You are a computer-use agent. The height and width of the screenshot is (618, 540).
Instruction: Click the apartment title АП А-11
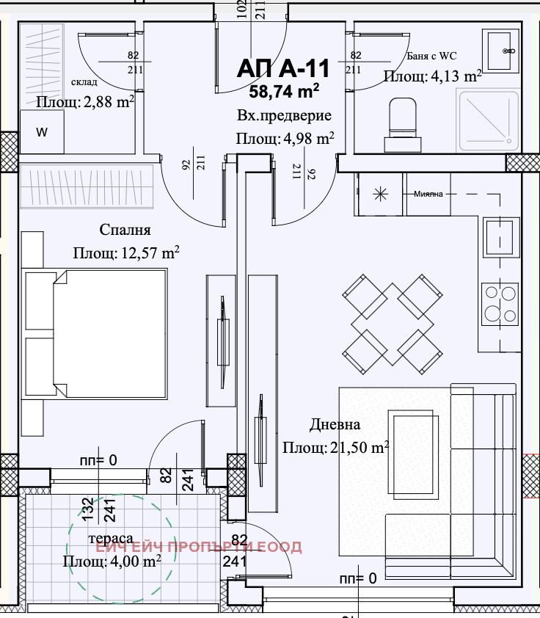[x=283, y=68]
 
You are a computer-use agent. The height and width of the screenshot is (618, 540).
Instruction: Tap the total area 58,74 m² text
[x=284, y=91]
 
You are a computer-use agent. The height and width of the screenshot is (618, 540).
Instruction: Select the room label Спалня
[x=125, y=230]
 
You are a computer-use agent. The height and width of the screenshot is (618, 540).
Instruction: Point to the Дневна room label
[x=335, y=424]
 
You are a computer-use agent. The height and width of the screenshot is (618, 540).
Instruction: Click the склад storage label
[x=84, y=82]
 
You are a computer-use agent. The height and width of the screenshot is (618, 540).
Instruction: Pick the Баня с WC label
[x=431, y=56]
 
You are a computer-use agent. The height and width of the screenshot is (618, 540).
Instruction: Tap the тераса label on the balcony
[x=111, y=538]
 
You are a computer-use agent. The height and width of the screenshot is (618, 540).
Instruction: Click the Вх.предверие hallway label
[x=284, y=116]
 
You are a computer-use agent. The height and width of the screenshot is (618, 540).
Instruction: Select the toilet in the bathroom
[x=403, y=125]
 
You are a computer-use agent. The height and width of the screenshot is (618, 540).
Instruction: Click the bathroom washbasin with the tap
[x=501, y=51]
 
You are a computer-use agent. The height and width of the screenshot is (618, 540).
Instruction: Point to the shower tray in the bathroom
[x=489, y=120]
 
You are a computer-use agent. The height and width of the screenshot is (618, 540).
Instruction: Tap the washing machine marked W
[x=42, y=131]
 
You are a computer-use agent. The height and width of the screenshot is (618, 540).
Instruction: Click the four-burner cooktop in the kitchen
[x=500, y=304]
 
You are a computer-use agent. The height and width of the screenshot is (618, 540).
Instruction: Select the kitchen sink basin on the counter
[x=500, y=237]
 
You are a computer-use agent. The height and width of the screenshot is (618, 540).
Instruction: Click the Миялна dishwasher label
[x=428, y=194]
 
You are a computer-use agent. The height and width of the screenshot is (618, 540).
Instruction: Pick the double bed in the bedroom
[x=95, y=333]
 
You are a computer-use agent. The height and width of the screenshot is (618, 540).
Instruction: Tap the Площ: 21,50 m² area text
[x=335, y=447]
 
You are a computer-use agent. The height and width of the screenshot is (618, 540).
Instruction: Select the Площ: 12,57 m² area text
[x=126, y=252]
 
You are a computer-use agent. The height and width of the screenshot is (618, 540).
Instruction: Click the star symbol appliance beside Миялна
[x=381, y=195]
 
